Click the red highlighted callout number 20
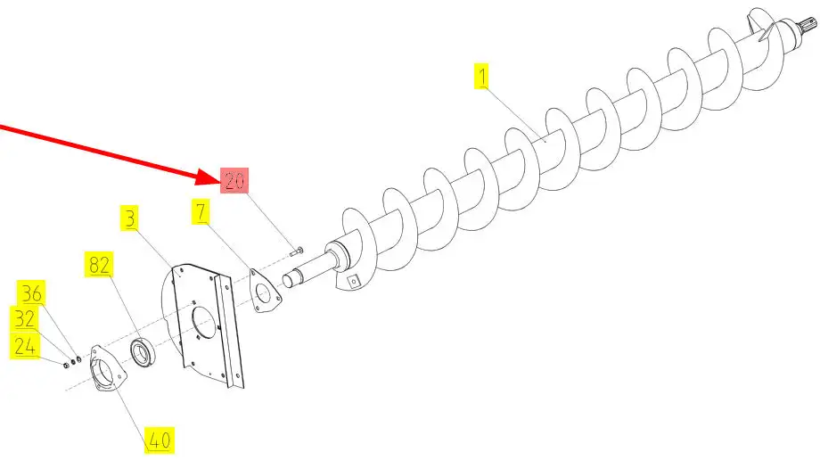tap(234, 181)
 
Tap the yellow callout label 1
tap(481, 77)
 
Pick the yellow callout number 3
tap(130, 218)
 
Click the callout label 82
tap(99, 264)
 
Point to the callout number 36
tap(31, 293)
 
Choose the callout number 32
tap(24, 319)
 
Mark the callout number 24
tap(25, 347)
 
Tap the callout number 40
tap(160, 440)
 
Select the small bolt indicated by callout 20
tap(297, 251)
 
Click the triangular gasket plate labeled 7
tap(265, 292)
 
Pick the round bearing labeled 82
tap(143, 352)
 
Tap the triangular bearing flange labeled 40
tap(107, 368)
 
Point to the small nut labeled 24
tap(67, 365)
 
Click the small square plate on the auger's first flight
tap(354, 282)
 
